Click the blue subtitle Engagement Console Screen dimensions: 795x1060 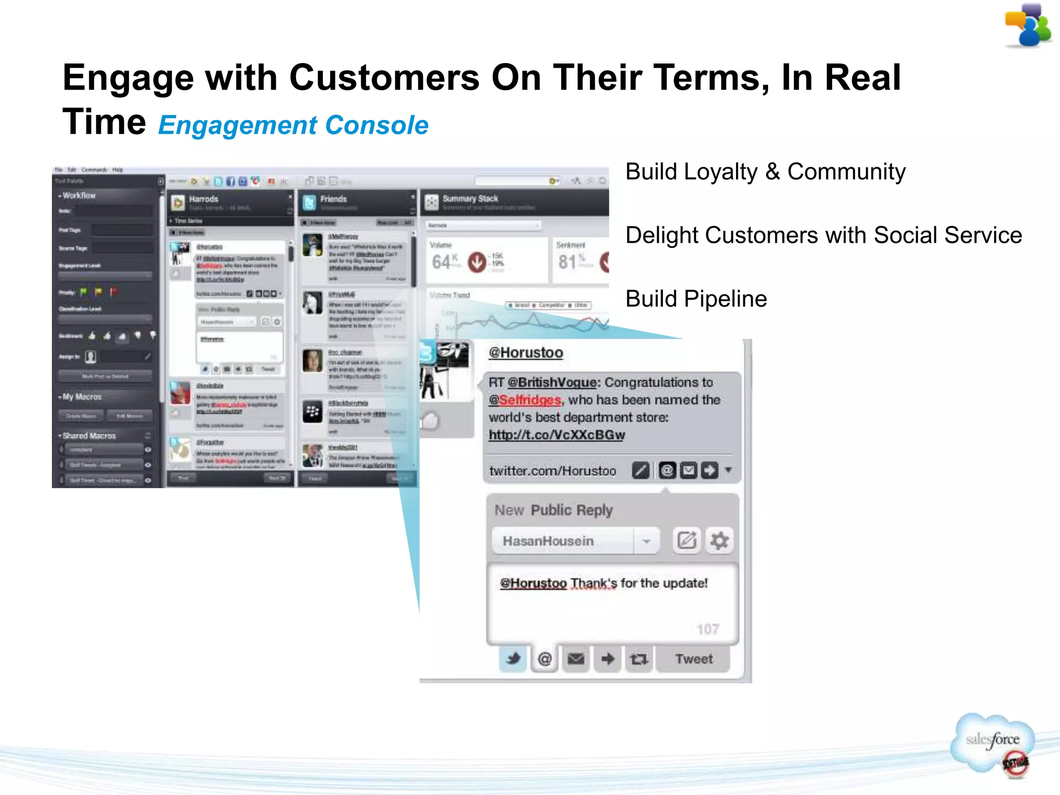[293, 126]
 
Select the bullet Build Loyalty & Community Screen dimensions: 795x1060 [765, 172]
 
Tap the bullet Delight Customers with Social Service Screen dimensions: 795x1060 [823, 235]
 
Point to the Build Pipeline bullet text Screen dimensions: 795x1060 [696, 299]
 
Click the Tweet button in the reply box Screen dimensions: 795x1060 [693, 659]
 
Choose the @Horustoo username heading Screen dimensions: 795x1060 [525, 353]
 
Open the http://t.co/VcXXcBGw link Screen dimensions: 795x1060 [556, 435]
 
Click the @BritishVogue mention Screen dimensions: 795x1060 [552, 382]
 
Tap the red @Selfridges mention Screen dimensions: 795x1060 [525, 400]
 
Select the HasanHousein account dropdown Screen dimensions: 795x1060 [575, 541]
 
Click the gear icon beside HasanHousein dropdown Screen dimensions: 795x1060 [719, 541]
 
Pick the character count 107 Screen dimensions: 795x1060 [708, 629]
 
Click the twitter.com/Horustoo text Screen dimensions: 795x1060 [552, 471]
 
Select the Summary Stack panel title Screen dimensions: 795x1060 [470, 199]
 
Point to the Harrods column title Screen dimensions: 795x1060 [203, 199]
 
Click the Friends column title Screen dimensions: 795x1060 [333, 199]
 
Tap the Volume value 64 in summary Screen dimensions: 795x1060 [441, 262]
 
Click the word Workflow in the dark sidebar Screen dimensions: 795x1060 [79, 196]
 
